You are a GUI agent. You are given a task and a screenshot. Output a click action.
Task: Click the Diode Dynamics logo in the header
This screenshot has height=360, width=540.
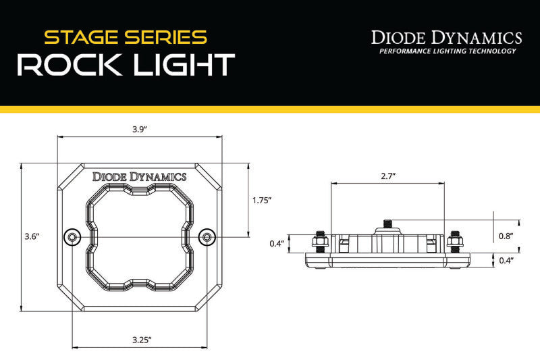pyautogui.click(x=447, y=37)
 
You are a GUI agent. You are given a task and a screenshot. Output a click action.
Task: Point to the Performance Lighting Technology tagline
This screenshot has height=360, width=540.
pyautogui.click(x=447, y=51)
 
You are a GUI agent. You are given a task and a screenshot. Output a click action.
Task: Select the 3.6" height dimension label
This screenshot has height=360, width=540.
pyautogui.click(x=32, y=236)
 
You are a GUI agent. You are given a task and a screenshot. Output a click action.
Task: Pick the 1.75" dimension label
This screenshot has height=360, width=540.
pyautogui.click(x=261, y=200)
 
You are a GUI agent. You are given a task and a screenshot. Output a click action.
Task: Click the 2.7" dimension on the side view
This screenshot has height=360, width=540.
pyautogui.click(x=387, y=176)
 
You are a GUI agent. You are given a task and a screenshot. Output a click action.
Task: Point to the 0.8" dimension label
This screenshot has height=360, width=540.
pyautogui.click(x=506, y=236)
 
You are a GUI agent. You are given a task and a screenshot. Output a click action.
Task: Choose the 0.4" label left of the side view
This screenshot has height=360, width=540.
pyautogui.click(x=277, y=242)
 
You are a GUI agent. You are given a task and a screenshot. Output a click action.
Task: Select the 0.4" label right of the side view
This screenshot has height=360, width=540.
pyautogui.click(x=506, y=260)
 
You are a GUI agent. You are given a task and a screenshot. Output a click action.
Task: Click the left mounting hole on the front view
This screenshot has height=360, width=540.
pyautogui.click(x=72, y=236)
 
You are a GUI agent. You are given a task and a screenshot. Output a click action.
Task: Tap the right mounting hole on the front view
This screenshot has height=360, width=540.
pyautogui.click(x=208, y=236)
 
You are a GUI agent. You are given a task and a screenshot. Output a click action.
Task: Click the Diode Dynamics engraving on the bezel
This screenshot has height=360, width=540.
pyautogui.click(x=140, y=176)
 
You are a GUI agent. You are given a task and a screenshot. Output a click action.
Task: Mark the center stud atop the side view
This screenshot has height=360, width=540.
pyautogui.click(x=387, y=224)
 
